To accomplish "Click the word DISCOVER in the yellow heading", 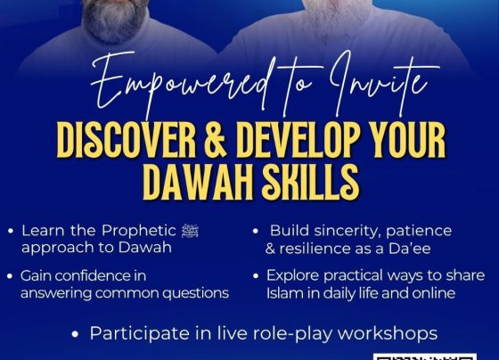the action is pos(127,140).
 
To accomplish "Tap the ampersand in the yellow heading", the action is pos(216,140).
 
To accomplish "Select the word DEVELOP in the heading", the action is pos(299,140).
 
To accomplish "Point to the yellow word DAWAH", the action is pos(198,183).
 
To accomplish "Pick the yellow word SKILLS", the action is pos(310,183).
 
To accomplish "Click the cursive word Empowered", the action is pos(183,85).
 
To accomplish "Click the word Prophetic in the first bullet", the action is pos(139,231).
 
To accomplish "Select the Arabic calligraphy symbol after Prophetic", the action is pos(190,231).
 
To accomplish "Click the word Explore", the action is pos(293,276).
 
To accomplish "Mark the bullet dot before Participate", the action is pos(75,334).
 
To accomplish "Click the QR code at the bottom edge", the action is pos(425,356).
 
